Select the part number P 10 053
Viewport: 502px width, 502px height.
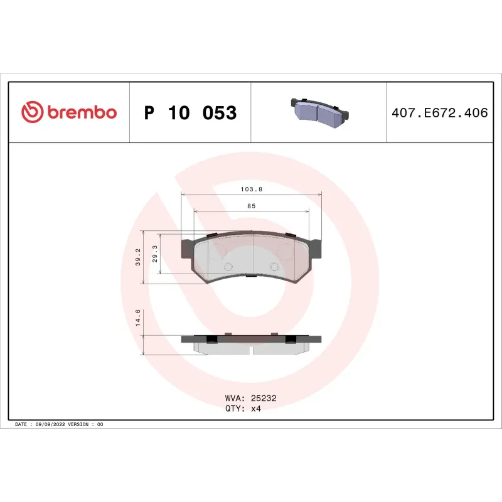(x=190, y=113)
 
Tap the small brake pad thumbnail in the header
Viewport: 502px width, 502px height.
(x=319, y=112)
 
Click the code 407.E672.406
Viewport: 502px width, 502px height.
(x=439, y=113)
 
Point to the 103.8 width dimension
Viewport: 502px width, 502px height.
(x=251, y=188)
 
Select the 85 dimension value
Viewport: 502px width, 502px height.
(x=251, y=206)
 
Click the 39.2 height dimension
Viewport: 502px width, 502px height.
(x=138, y=257)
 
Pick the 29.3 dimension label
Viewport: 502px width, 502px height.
(x=155, y=254)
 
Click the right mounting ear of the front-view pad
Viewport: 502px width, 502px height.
(x=315, y=248)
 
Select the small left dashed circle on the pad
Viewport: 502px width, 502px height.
(x=228, y=267)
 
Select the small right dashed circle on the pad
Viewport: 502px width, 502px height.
(x=274, y=267)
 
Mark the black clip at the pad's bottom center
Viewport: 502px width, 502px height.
(x=250, y=275)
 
